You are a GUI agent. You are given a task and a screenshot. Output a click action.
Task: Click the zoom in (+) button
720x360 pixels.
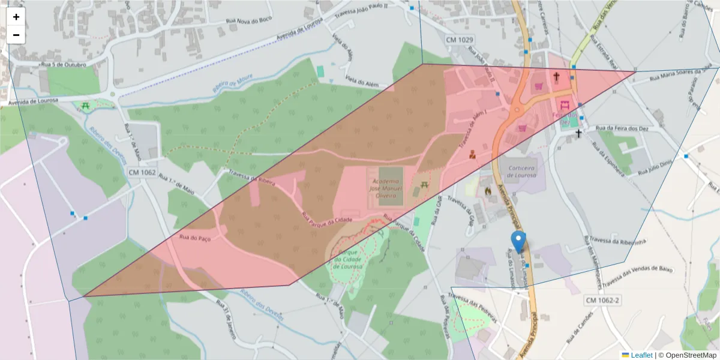pos(16,17)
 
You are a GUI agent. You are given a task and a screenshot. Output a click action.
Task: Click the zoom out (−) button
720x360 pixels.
pos(16,35)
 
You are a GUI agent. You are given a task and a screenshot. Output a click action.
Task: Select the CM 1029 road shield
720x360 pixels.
pos(460,40)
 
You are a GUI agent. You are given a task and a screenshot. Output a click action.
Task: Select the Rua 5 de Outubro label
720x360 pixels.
pos(62,64)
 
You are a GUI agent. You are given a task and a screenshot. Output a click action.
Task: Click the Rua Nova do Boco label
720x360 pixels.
pos(248,20)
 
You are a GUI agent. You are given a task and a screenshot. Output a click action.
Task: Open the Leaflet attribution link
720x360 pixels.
pos(641,355)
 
